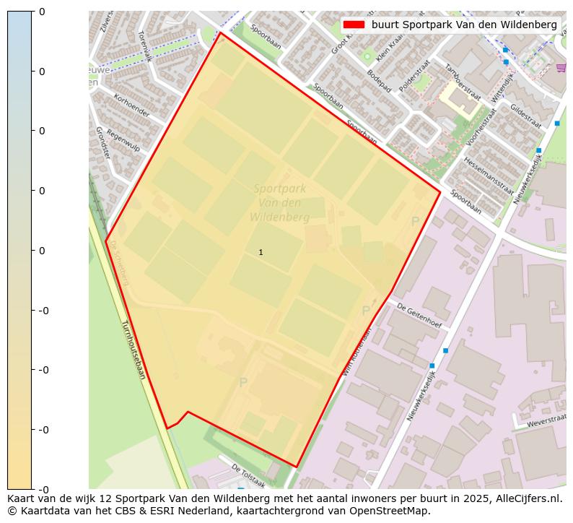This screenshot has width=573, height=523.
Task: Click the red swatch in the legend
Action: (x=354, y=25)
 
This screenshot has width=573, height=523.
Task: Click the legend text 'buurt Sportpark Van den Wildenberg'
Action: (x=464, y=25)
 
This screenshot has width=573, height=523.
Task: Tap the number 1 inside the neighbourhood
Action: (x=261, y=252)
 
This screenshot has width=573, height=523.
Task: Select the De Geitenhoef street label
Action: (x=419, y=314)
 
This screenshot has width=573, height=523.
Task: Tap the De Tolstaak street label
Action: (x=248, y=476)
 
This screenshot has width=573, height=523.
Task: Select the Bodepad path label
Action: (x=379, y=82)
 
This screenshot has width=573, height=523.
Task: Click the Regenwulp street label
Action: (x=123, y=139)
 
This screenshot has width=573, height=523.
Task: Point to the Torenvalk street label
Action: (x=144, y=46)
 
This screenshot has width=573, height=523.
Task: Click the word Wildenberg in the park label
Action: (x=279, y=217)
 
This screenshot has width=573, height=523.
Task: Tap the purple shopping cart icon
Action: (x=561, y=68)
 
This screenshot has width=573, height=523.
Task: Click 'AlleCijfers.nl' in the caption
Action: (x=527, y=498)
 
